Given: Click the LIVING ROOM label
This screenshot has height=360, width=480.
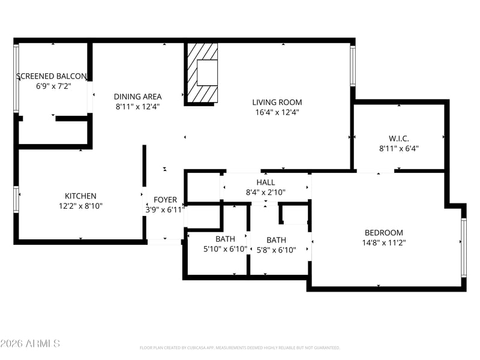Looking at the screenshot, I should pos(277,102).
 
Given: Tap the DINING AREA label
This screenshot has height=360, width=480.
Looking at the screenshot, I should pos(138,96).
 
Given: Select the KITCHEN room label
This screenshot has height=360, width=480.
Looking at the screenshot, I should pos(80,196).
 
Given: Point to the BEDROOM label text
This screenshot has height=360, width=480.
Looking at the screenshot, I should pos(384,233).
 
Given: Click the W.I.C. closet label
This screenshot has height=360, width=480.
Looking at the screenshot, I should pos(398,138).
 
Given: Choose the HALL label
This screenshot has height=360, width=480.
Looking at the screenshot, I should pos(265,182).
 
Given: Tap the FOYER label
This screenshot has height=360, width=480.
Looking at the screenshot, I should pos(165,200).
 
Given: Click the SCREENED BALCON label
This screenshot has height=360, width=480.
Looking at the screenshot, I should pos(52,76).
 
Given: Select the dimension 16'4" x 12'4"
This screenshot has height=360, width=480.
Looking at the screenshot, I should pos(277,112).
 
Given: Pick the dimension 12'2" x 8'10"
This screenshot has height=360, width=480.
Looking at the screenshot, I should pos(80,206).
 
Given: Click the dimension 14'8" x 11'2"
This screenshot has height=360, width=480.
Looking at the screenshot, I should pos(384,243).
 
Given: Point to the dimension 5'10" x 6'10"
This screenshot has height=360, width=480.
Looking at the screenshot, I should pos(225,249).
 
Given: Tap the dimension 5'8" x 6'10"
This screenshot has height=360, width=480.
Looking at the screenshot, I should pos(276,250).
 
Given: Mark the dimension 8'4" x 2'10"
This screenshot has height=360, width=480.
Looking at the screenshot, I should pos(265,193).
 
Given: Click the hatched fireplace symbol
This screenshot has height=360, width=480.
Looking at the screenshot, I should pos(201,73).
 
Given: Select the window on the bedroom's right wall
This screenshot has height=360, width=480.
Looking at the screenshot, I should pos(463,247).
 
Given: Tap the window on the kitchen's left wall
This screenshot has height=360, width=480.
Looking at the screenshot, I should pos(17,200).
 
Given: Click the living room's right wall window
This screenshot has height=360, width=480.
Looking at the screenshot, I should pos(353,65).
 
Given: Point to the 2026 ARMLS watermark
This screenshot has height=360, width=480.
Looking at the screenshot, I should pos(30,343).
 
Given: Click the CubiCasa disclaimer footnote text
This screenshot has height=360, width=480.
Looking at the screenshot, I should pos(239,347).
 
